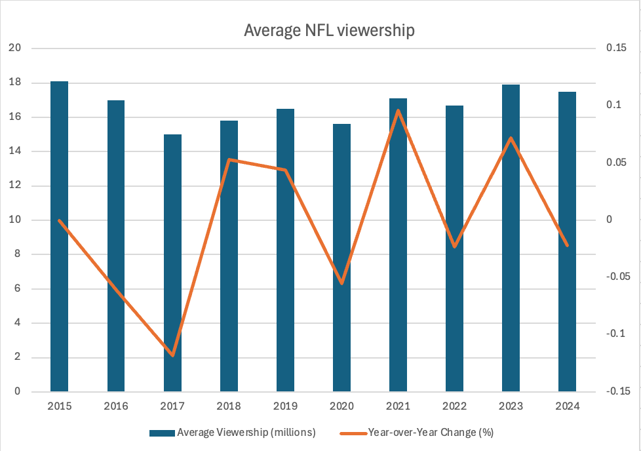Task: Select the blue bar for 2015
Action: pos(60,236)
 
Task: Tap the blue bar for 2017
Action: pos(172,262)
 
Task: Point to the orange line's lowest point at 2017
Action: pos(172,355)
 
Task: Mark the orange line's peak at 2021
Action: pos(398,111)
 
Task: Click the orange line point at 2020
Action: pos(341,283)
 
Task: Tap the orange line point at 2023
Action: pos(511,138)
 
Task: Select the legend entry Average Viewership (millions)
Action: pos(233,432)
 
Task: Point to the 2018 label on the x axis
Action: pos(229,406)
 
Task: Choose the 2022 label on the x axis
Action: pos(454,406)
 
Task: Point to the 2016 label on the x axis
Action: pos(116,406)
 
